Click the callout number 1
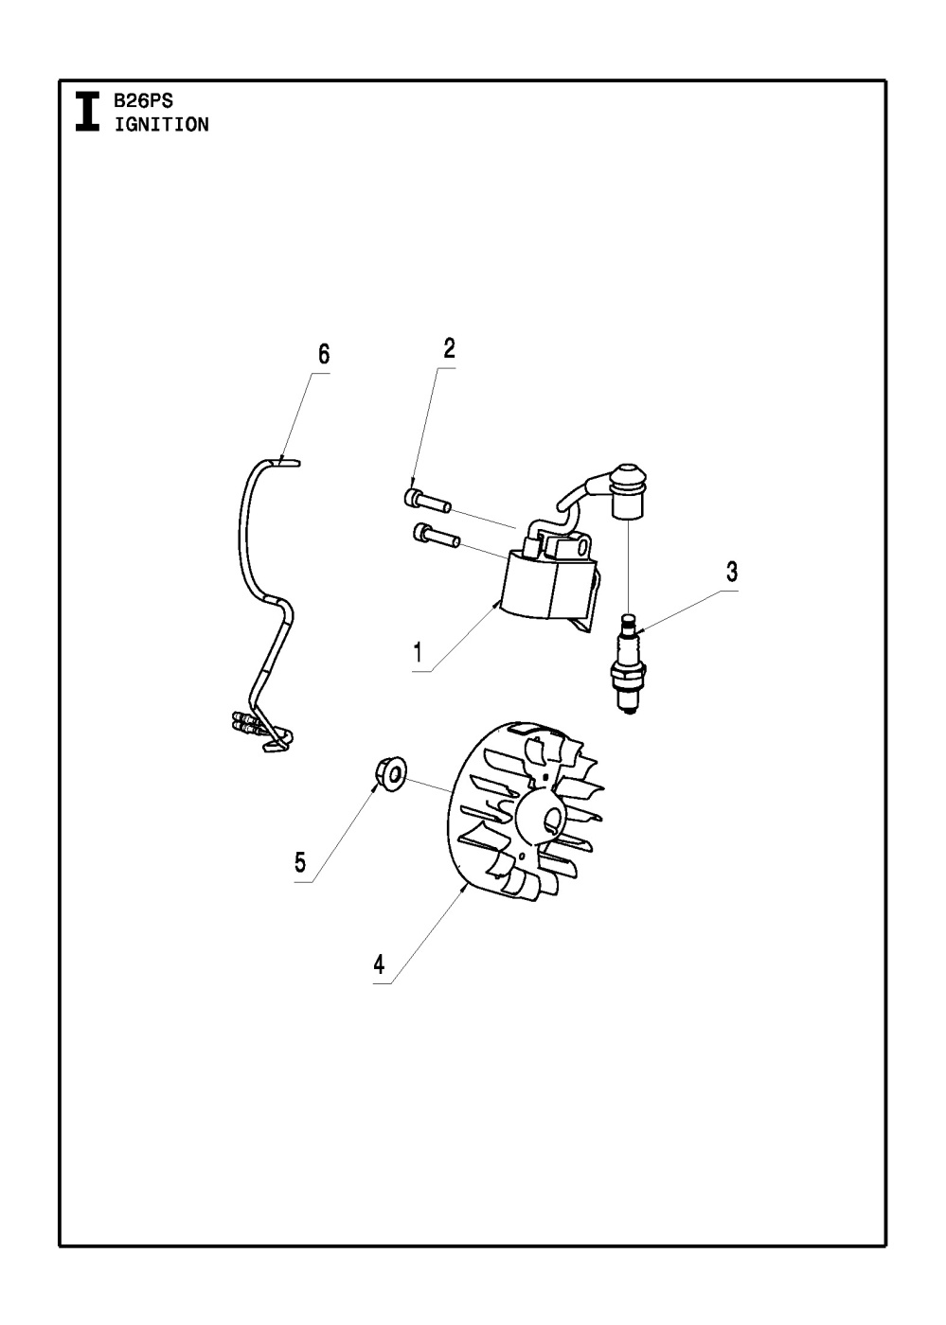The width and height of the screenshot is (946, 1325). pos(417,653)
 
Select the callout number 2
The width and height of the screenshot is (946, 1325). pos(449,348)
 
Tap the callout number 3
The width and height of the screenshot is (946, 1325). pos(732,572)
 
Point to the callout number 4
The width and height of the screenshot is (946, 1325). pos(379,964)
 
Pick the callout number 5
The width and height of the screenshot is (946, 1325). pos(300,862)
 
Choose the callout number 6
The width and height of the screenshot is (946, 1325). pos(324,355)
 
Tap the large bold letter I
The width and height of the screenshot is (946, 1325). pos(87,111)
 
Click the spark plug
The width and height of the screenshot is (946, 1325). pos(626,662)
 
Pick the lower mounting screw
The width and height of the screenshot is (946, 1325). pos(436,537)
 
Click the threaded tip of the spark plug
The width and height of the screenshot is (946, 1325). pos(626,705)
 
